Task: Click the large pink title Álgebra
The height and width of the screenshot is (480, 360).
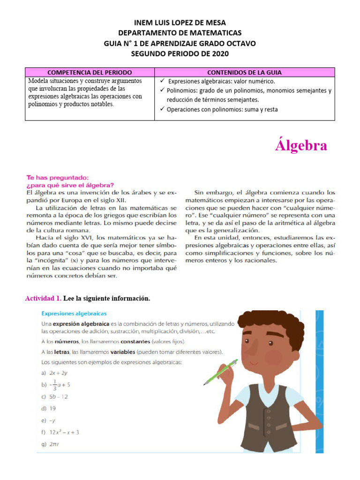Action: tap(300, 146)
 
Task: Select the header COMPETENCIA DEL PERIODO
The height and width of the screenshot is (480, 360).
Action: tap(90, 72)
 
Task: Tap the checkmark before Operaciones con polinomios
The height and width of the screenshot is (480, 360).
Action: tap(162, 109)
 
